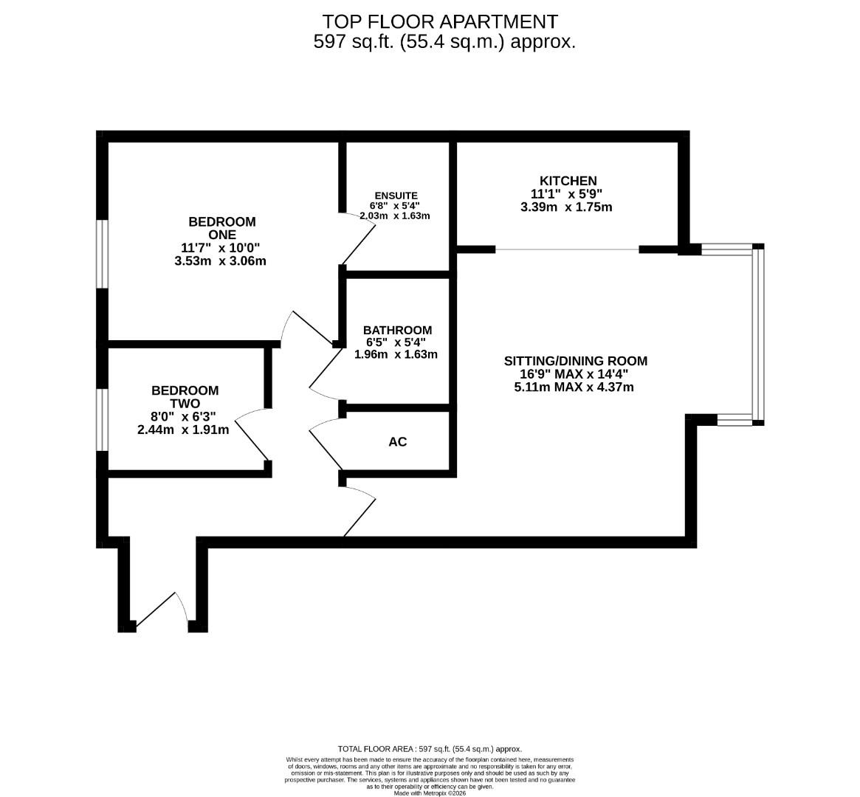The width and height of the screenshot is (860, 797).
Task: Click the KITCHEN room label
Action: (x=568, y=181)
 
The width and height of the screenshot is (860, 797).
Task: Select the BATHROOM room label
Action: (x=397, y=330)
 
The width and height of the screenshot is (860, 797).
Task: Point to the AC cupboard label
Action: (x=397, y=442)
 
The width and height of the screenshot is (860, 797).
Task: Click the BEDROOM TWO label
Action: (x=185, y=397)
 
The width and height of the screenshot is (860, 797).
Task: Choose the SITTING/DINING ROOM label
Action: (x=575, y=361)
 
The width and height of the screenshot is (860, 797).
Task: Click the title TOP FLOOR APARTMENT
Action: (x=441, y=21)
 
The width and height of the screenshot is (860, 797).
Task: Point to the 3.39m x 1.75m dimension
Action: (x=565, y=207)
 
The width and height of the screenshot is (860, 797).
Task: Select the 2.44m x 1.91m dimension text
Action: (x=183, y=429)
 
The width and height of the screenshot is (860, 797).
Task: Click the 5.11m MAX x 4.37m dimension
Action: (x=574, y=387)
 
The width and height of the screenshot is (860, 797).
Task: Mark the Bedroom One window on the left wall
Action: (x=103, y=253)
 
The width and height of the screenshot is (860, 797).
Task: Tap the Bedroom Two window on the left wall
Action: (x=103, y=419)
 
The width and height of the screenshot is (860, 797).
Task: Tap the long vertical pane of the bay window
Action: (x=758, y=336)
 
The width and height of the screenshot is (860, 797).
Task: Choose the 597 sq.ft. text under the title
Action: (x=354, y=42)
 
